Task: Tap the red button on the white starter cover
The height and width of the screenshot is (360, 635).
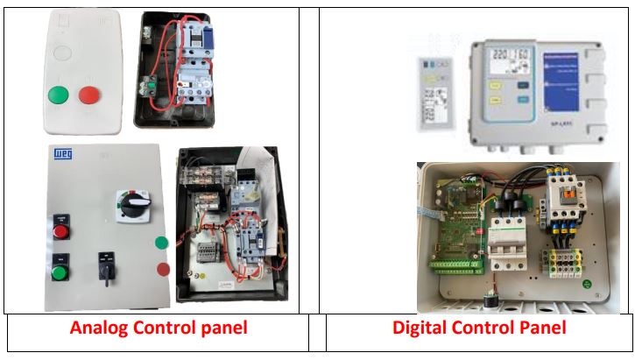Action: pyautogui.click(x=88, y=95)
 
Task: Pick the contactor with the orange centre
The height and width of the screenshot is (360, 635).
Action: pyautogui.click(x=558, y=201)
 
